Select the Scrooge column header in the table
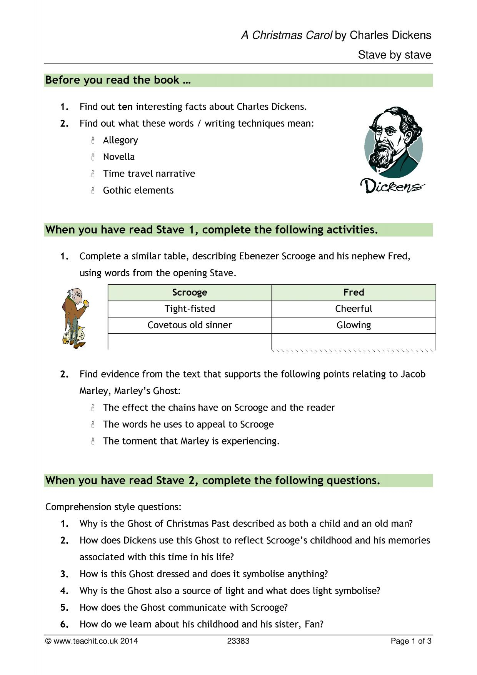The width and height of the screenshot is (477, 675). pyautogui.click(x=190, y=292)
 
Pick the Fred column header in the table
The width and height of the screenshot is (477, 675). pyautogui.click(x=354, y=292)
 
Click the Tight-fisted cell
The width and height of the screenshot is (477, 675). pyautogui.click(x=190, y=309)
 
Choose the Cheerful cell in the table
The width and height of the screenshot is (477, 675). pyautogui.click(x=354, y=309)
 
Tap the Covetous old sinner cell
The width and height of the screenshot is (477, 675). pyautogui.click(x=190, y=325)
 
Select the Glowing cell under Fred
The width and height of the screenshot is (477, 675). pyautogui.click(x=354, y=325)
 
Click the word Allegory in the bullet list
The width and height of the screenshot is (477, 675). pyautogui.click(x=120, y=140)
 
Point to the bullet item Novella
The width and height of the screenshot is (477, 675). pyautogui.click(x=119, y=157)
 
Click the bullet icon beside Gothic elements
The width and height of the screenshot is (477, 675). pyautogui.click(x=93, y=190)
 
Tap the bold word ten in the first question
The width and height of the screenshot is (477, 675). pyautogui.click(x=125, y=107)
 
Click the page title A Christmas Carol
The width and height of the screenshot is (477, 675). pyautogui.click(x=287, y=35)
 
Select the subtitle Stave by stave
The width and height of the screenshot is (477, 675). pyautogui.click(x=394, y=55)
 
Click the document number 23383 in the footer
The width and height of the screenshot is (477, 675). pyautogui.click(x=238, y=641)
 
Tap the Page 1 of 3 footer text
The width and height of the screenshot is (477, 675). pyautogui.click(x=411, y=641)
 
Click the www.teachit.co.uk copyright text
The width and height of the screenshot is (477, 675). pyautogui.click(x=92, y=641)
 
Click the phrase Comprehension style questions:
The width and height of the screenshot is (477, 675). pyautogui.click(x=113, y=507)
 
